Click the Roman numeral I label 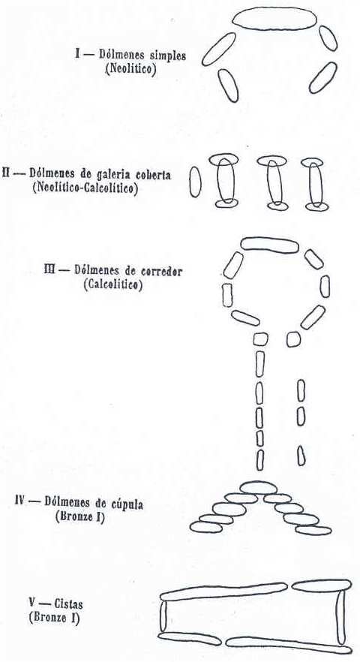pyautogui.click(x=78, y=55)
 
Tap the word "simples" pyautogui.click(x=168, y=56)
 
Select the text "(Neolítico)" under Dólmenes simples pyautogui.click(x=130, y=68)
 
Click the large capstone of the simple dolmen pyautogui.click(x=274, y=19)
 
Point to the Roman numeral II pyautogui.click(x=6, y=173)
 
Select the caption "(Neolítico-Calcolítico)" pyautogui.click(x=85, y=188)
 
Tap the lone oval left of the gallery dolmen pyautogui.click(x=195, y=182)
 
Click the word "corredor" pyautogui.click(x=162, y=271)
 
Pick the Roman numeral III pyautogui.click(x=49, y=269)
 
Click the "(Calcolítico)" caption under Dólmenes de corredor pyautogui.click(x=113, y=284)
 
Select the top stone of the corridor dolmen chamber pyautogui.click(x=270, y=245)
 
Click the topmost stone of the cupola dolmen pyautogui.click(x=259, y=488)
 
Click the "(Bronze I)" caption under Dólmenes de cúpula pyautogui.click(x=79, y=516)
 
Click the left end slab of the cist pyautogui.click(x=163, y=616)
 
